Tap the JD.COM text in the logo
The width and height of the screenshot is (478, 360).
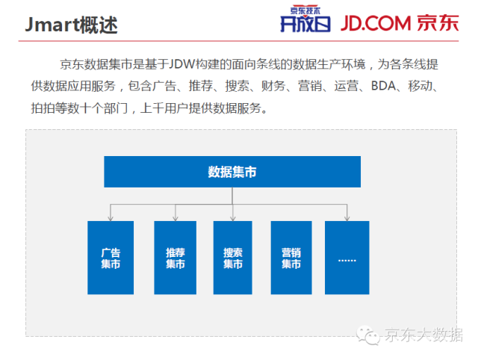(385, 22)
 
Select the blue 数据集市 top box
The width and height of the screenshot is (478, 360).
(232, 172)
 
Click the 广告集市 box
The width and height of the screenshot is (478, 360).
(111, 258)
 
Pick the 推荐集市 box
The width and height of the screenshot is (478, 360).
(176, 258)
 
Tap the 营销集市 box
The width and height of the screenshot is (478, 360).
(291, 258)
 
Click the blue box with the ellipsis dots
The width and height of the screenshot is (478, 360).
(347, 258)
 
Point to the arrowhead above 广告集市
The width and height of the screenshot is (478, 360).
(111, 218)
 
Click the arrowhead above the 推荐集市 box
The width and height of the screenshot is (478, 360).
(176, 218)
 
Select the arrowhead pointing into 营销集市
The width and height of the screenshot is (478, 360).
(291, 218)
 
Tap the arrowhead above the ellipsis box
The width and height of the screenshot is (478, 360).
(347, 218)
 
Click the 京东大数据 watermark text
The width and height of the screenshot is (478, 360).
(423, 335)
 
